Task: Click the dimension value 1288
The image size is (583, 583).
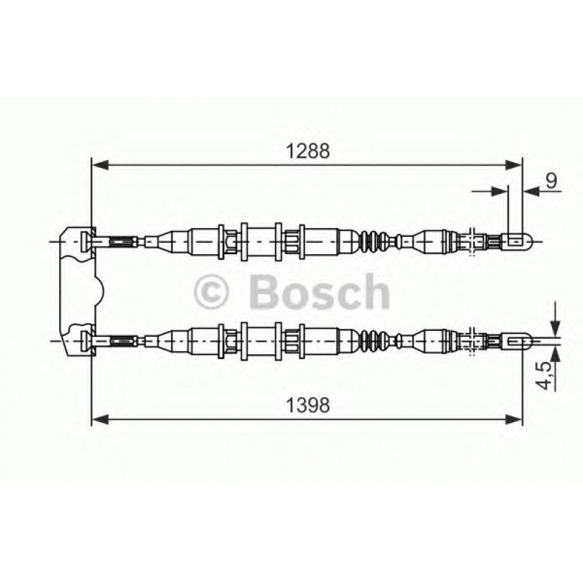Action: point(307,151)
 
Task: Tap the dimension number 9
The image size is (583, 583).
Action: point(551,180)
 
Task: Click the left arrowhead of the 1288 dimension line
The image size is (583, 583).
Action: point(99,166)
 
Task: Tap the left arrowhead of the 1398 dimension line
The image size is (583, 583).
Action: point(99,419)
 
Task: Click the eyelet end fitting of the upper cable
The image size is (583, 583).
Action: point(520,240)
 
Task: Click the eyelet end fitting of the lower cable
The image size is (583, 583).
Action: point(520,339)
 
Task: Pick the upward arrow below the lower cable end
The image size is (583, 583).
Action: point(554,353)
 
